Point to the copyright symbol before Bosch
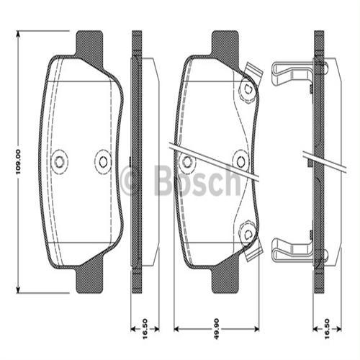132,181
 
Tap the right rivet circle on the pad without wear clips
103,161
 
